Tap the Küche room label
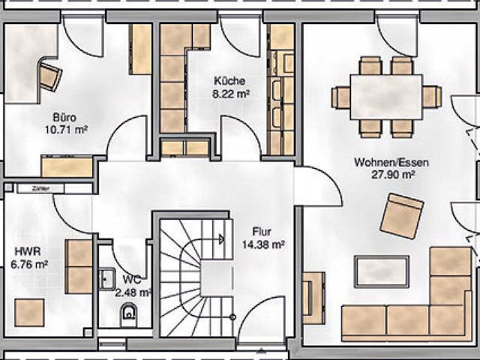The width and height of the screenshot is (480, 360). (x=229, y=82)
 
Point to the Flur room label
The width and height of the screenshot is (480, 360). (x=262, y=232)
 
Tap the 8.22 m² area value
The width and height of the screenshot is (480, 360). (x=231, y=94)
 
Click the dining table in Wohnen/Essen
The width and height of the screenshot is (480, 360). (x=385, y=97)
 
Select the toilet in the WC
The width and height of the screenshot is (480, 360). (x=130, y=316)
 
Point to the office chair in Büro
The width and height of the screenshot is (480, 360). (x=50, y=76)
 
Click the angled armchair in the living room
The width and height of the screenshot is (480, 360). (x=401, y=215)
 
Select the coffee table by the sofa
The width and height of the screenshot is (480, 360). (x=381, y=271)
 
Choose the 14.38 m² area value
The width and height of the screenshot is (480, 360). (x=262, y=244)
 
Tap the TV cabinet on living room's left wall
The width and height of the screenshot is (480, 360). (x=313, y=297)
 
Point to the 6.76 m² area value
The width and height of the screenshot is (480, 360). (x=31, y=264)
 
